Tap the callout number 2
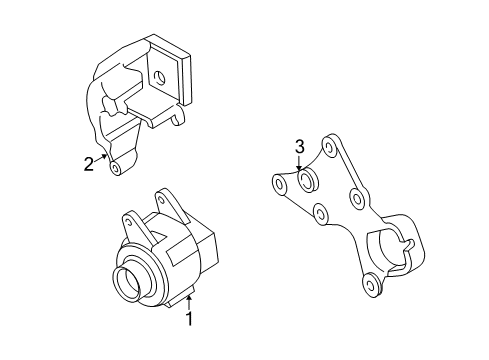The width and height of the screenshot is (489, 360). [x=89, y=165]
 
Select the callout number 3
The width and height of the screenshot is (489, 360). [x=299, y=149]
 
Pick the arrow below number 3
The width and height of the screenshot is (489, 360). [x=299, y=166]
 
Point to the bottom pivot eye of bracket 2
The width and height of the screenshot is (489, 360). [x=117, y=169]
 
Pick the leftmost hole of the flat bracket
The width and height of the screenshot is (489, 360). [x=278, y=184]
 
